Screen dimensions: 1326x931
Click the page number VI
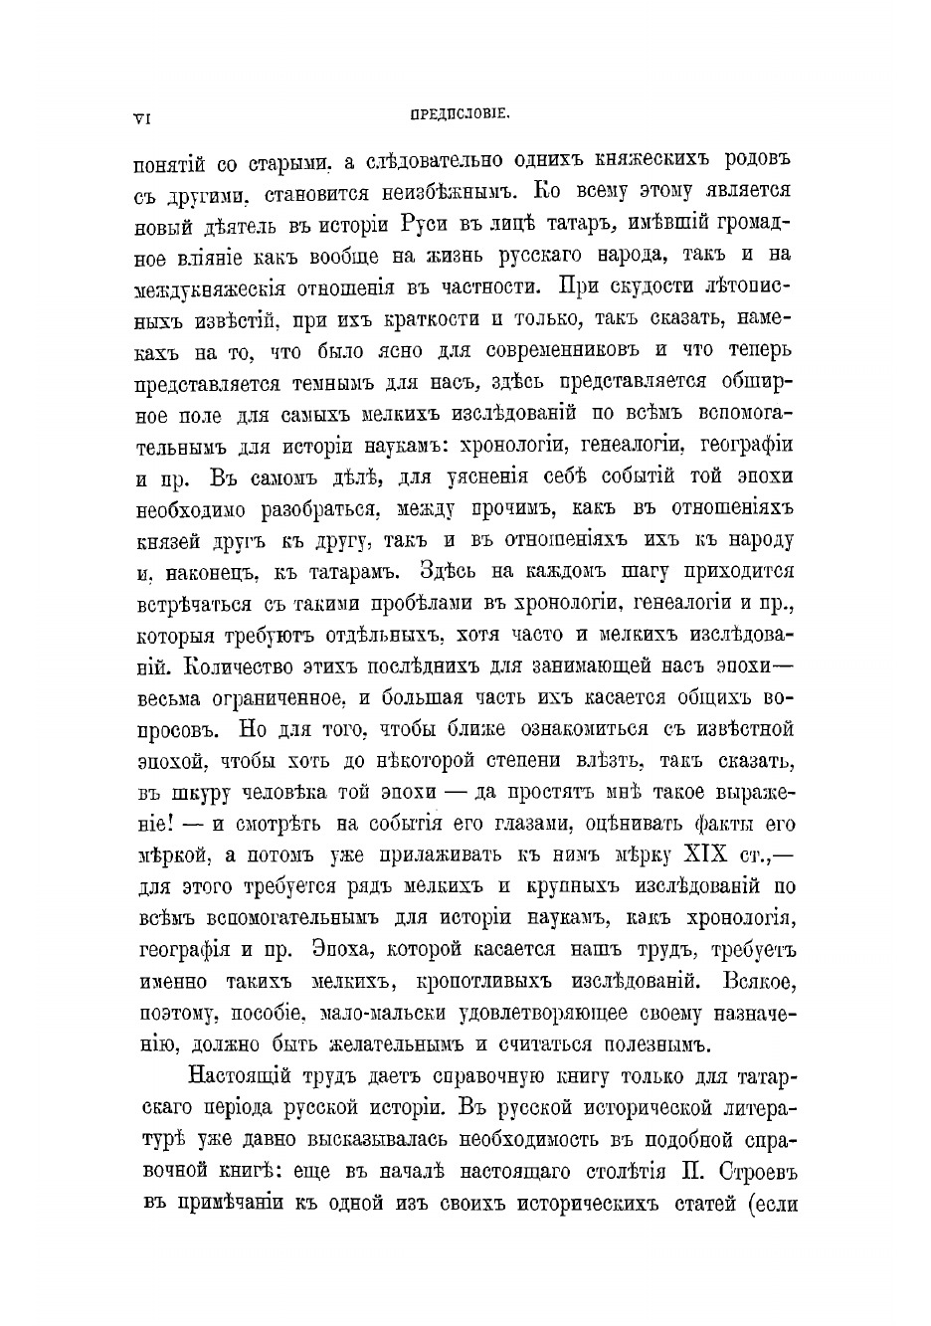[141, 117]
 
